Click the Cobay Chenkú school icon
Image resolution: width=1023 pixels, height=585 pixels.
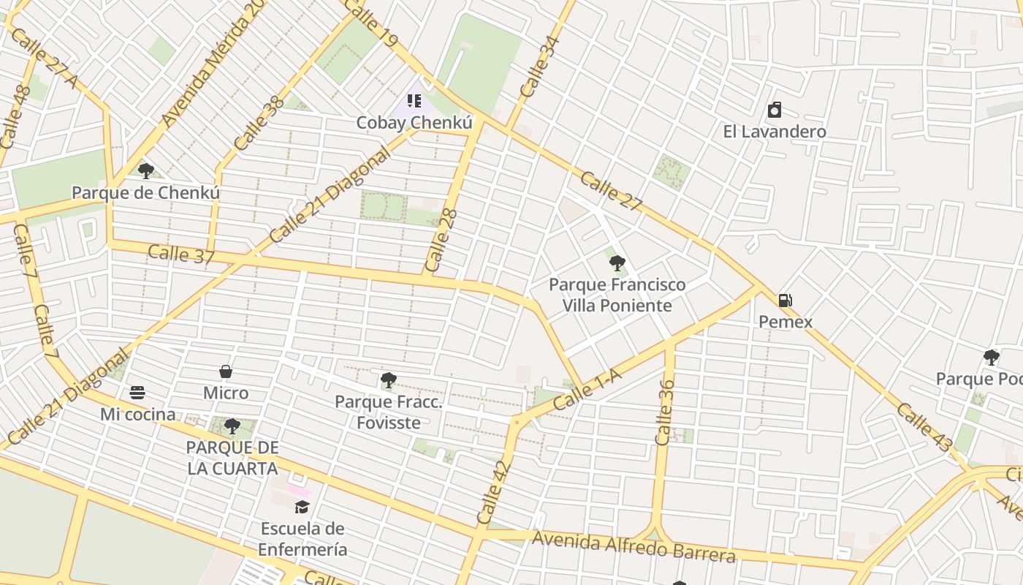tap(414, 101)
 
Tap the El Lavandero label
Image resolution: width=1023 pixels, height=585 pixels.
tap(775, 132)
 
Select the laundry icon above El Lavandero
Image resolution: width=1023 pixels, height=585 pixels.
tap(775, 110)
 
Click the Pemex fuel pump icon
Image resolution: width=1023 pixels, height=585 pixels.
tap(785, 300)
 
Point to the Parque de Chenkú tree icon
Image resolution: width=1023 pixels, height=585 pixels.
tap(146, 171)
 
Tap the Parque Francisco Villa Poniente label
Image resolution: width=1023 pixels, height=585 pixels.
tap(617, 295)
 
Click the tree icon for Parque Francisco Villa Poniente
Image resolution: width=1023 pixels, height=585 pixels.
tap(617, 263)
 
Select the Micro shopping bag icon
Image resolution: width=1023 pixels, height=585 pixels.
tap(226, 371)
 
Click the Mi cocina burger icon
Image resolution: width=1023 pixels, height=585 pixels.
tap(137, 393)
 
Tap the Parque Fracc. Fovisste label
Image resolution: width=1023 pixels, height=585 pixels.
tap(388, 412)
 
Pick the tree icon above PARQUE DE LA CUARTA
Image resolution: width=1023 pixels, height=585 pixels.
tap(232, 426)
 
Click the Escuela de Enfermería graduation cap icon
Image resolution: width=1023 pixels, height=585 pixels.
tap(303, 507)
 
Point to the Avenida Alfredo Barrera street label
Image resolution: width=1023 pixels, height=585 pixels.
tap(634, 546)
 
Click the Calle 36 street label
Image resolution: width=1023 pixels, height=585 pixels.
tap(664, 412)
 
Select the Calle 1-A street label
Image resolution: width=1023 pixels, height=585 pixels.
tap(587, 389)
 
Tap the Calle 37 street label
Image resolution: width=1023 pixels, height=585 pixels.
tap(181, 254)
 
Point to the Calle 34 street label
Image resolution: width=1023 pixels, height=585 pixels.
tap(540, 67)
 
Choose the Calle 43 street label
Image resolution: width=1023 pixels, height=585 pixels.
tap(925, 426)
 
